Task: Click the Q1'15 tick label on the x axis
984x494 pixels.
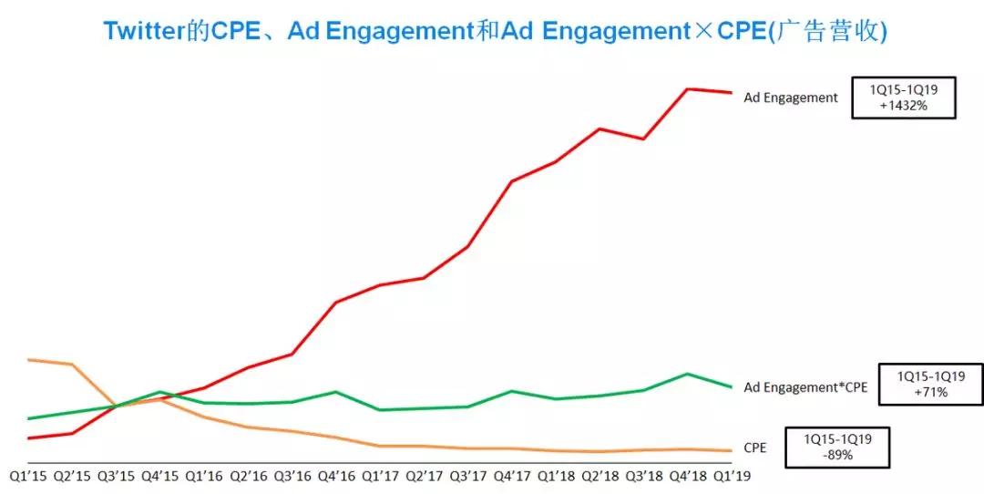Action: point(29,475)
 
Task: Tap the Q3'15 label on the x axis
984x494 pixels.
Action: point(117,475)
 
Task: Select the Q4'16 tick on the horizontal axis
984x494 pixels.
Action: point(337,475)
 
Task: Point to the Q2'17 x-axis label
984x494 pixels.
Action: point(425,475)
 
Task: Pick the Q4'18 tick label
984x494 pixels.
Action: point(688,475)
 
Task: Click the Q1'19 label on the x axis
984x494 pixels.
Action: point(732,475)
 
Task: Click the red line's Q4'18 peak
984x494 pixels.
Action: point(688,88)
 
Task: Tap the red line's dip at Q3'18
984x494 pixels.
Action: point(644,139)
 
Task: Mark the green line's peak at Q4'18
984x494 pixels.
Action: point(688,374)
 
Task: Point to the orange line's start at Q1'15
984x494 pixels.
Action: point(29,360)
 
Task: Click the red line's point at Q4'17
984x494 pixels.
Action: point(512,181)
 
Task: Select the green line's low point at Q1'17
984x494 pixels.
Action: point(380,410)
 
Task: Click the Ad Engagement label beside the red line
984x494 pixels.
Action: point(791,98)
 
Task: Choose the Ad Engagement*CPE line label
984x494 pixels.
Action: point(805,387)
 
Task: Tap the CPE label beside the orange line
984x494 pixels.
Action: point(755,448)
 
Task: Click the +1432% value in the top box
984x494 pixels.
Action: point(903,106)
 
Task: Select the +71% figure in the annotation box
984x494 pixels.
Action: point(930,392)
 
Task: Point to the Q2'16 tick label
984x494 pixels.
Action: point(249,475)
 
